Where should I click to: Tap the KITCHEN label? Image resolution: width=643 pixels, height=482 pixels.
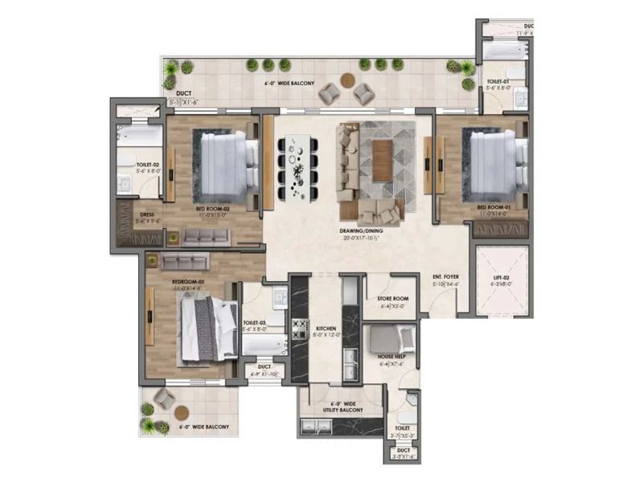coord(325,329)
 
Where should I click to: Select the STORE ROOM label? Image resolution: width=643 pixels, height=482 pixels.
coord(391,299)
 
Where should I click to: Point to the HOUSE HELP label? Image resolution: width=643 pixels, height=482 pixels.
coord(391,357)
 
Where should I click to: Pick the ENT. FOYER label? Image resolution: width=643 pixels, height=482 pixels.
coord(444,277)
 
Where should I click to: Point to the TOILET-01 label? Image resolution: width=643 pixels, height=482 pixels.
coord(498,84)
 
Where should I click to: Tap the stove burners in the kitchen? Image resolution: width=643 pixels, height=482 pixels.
coord(301,329)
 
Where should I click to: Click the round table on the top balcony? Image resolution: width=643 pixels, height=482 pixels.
coord(346,80)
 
